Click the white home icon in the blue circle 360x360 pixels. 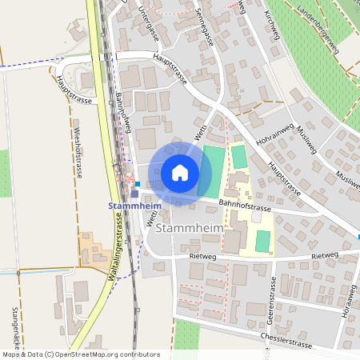tap(179, 173)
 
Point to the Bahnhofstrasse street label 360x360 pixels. tap(244, 207)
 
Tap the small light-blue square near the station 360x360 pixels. tap(138, 183)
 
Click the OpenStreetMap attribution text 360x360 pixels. tap(80, 354)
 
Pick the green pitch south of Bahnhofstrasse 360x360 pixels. tap(262, 241)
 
